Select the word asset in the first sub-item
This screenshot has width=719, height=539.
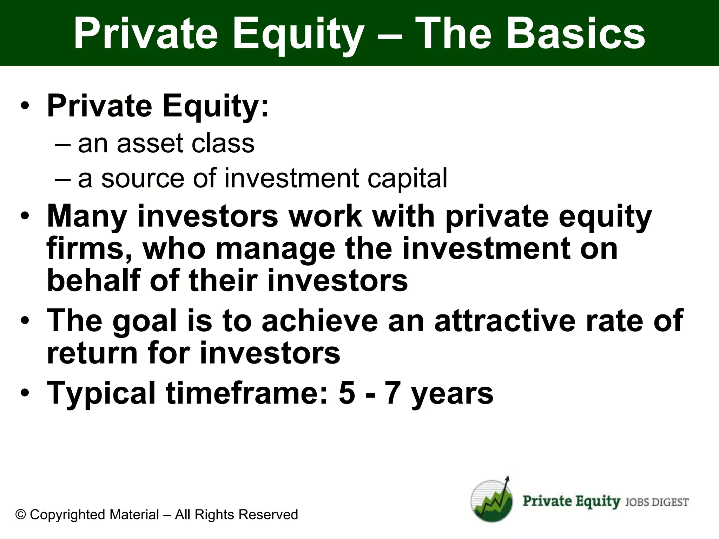(150, 144)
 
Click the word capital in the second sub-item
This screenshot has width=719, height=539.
(407, 179)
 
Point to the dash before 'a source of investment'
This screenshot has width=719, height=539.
(63, 179)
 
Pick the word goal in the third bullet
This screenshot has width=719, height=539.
(144, 321)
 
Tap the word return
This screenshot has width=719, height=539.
(92, 353)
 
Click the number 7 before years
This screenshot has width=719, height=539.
(393, 393)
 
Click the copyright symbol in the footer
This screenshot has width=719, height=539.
(21, 515)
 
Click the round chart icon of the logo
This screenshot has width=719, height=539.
(492, 501)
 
